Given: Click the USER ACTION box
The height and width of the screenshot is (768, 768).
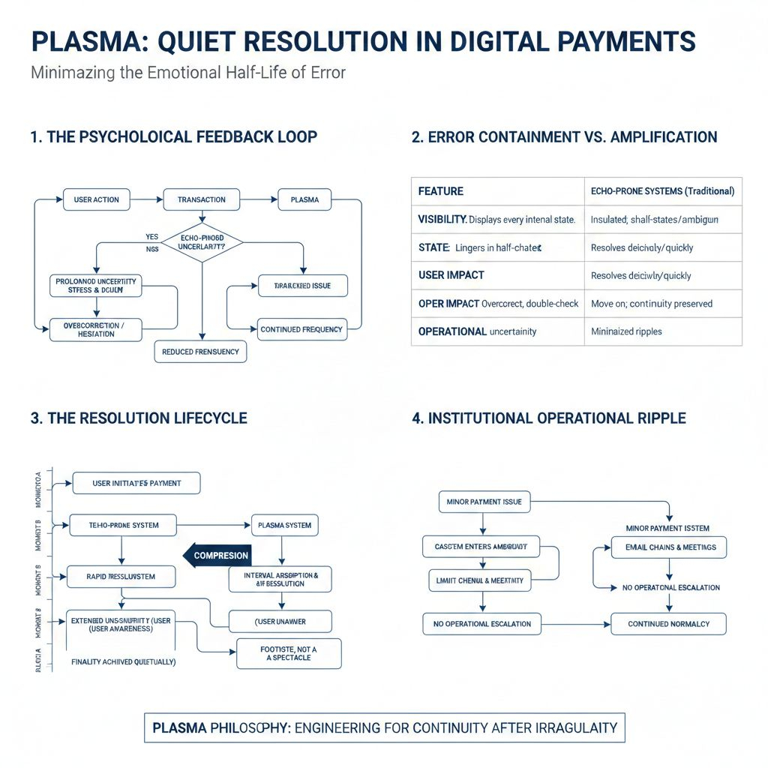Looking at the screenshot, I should click(x=97, y=199).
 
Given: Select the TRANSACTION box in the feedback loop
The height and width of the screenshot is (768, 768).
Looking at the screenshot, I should click(x=201, y=199).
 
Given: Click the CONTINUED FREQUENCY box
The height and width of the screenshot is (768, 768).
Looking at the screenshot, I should click(x=301, y=329).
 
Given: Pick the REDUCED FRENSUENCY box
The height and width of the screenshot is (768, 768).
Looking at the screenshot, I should click(x=200, y=351).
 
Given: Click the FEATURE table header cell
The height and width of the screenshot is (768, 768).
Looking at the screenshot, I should click(x=441, y=191).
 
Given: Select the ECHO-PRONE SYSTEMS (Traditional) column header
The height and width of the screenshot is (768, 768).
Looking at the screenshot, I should click(x=662, y=191).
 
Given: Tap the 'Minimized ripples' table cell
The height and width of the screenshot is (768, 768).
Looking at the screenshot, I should click(x=626, y=331).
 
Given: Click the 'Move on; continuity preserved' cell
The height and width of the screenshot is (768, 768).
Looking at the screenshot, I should click(x=652, y=304).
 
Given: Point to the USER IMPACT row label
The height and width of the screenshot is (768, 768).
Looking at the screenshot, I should click(x=451, y=275).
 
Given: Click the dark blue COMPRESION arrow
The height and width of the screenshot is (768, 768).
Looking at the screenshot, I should click(x=217, y=555).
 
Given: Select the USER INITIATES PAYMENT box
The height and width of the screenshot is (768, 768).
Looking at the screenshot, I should click(x=136, y=483).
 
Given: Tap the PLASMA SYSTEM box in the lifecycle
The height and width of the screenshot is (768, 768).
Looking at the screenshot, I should click(x=284, y=525).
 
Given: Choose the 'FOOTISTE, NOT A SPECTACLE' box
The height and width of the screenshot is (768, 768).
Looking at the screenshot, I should click(x=289, y=653).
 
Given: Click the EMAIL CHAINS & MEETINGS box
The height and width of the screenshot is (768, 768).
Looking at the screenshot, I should click(x=670, y=547).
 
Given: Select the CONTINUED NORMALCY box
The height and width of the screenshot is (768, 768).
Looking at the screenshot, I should click(x=669, y=623).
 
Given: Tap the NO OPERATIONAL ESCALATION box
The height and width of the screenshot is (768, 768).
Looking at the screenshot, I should click(x=481, y=623).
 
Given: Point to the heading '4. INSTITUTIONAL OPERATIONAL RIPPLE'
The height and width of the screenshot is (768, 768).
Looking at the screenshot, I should click(x=549, y=418).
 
